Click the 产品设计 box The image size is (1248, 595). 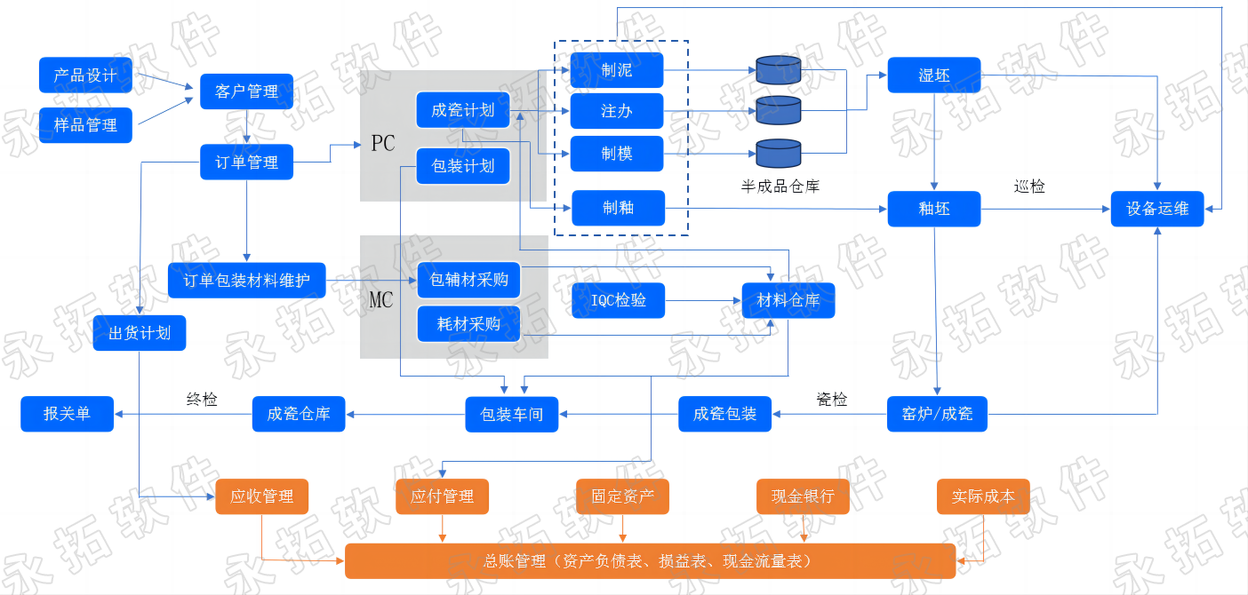click(86, 75)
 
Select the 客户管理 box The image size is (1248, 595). click(246, 91)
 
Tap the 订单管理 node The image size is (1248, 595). click(246, 162)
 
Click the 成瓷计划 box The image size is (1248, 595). click(463, 110)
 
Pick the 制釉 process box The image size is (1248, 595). click(619, 208)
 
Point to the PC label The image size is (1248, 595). click(383, 144)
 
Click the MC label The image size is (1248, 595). click(381, 300)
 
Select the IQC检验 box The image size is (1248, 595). click(619, 300)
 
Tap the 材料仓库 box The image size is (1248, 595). click(788, 300)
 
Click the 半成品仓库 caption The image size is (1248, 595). click(780, 186)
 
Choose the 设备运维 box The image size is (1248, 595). click(1157, 209)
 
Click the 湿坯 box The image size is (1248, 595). click(934, 75)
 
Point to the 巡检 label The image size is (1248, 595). click(1029, 186)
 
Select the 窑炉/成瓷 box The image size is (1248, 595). click(937, 414)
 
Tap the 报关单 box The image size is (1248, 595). click(67, 414)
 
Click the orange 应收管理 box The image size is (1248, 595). click(262, 496)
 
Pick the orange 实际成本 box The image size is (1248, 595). click(983, 496)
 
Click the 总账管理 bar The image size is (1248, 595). click(650, 561)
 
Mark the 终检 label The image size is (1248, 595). click(202, 399)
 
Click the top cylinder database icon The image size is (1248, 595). click(779, 70)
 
